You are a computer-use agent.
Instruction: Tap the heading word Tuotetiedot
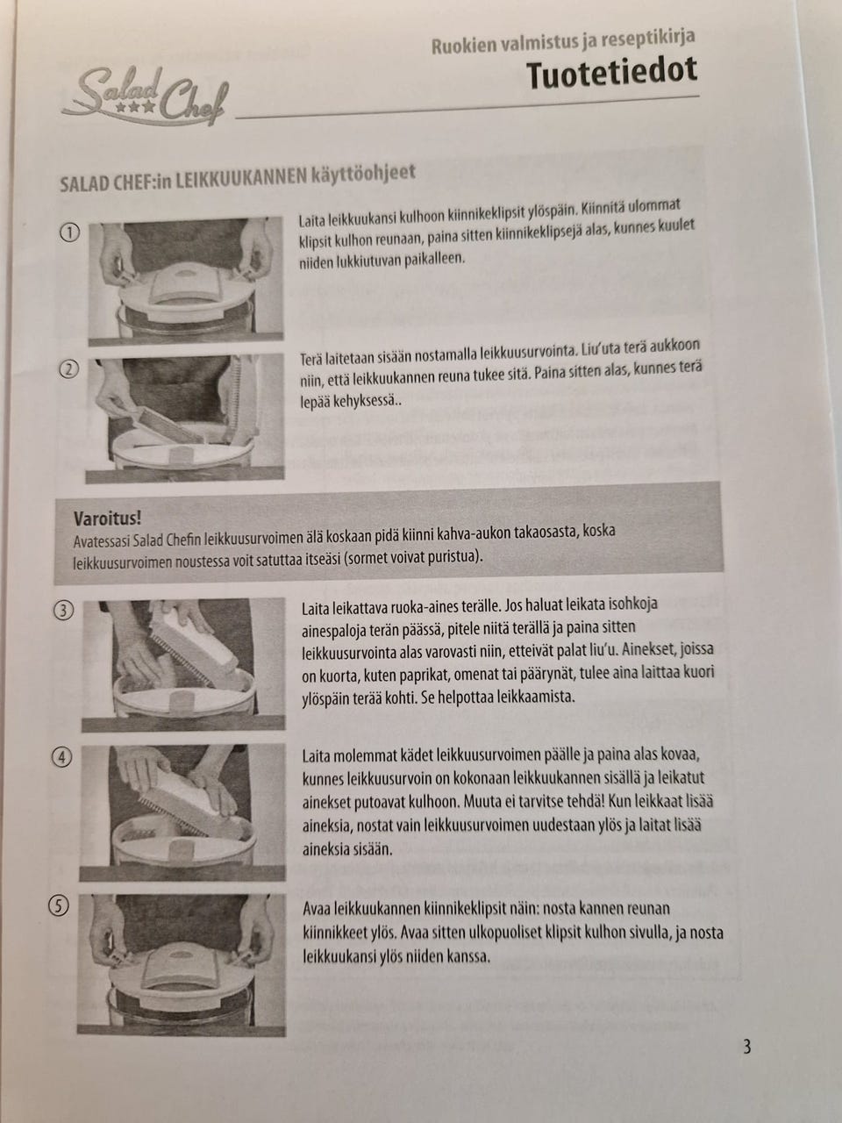[x=612, y=75]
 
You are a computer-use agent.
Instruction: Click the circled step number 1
[x=70, y=232]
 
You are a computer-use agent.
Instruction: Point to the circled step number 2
[x=69, y=369]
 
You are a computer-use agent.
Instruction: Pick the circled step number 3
[x=63, y=611]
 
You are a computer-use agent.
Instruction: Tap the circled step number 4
[x=62, y=758]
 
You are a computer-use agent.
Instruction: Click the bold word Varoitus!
[x=107, y=519]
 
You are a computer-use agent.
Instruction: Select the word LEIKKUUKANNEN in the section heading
[x=240, y=179]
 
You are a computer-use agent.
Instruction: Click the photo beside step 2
[x=185, y=418]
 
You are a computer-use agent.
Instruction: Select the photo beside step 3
[x=184, y=664]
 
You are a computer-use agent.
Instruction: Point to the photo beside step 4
[x=182, y=812]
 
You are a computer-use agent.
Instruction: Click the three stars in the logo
[x=135, y=107]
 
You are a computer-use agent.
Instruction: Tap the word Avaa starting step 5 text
[x=316, y=909]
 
